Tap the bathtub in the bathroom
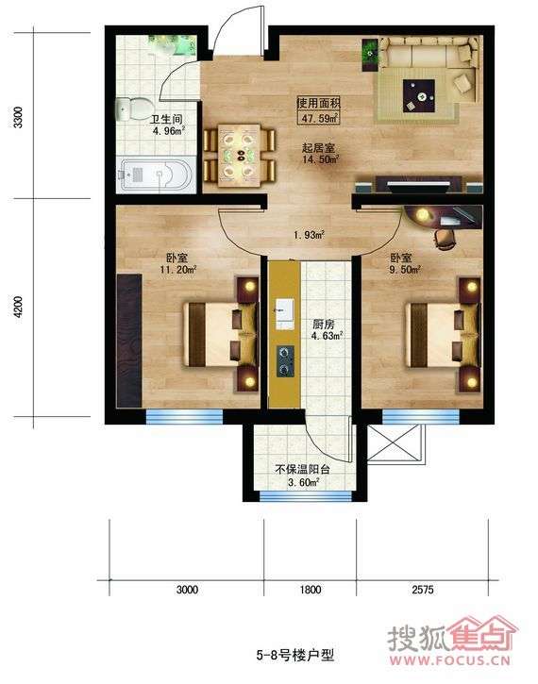click(x=157, y=175)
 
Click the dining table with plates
click(x=239, y=155)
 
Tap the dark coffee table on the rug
click(x=419, y=95)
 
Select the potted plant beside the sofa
click(x=370, y=54)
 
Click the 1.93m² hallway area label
click(x=309, y=235)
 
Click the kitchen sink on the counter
click(x=285, y=313)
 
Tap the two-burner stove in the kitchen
click(x=285, y=361)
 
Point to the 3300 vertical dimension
click(x=18, y=117)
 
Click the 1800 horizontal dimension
click(x=311, y=590)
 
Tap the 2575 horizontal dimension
click(x=423, y=590)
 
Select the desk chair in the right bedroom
click(x=445, y=239)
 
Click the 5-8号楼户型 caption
click(x=295, y=655)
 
